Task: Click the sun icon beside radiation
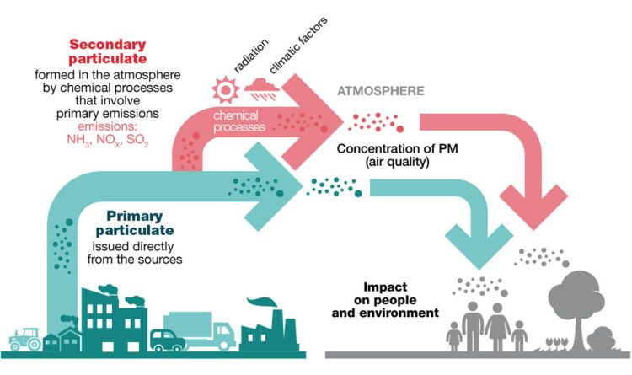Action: (x=228, y=88)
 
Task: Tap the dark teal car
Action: (x=167, y=340)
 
